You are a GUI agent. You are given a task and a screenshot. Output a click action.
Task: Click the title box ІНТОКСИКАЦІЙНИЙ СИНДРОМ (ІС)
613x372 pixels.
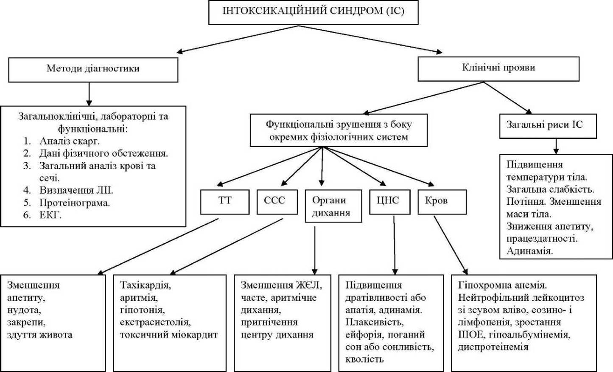pos(313,12)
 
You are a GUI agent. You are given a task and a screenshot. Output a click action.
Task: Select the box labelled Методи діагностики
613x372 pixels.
pos(93,70)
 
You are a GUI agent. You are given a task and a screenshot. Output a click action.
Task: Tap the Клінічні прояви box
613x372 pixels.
pos(498,69)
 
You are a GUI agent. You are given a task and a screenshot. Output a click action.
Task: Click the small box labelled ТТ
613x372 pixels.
pos(225,202)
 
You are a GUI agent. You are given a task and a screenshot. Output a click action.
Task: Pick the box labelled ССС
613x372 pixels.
pos(277,202)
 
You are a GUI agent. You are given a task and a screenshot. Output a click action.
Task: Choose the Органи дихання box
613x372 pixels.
pos(333,206)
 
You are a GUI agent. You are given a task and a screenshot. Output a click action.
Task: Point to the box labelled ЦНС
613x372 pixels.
pos(390,202)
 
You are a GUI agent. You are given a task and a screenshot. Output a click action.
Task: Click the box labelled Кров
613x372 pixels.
pos(442,202)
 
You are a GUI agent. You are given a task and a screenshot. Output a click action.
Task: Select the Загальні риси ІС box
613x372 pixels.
pos(548,126)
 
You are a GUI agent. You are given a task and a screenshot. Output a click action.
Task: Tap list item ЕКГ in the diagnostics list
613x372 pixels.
pos(50,215)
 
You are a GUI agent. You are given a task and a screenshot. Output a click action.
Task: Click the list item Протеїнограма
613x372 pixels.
pos(75,203)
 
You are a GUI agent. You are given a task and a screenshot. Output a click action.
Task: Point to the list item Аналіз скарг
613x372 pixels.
pos(70,141)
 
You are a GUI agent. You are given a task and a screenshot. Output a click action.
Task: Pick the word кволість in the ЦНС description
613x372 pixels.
pos(364,359)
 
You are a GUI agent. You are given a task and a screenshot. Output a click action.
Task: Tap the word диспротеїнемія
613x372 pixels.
pos(493,347)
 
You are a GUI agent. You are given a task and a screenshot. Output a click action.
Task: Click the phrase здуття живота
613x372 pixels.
pos(40,335)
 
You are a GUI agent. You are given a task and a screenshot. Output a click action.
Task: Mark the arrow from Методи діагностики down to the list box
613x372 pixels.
pos(89,94)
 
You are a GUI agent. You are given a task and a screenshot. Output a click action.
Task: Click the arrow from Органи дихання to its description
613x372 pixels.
pos(315,251)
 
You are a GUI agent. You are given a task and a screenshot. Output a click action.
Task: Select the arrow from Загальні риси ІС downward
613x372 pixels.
pos(556,146)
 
